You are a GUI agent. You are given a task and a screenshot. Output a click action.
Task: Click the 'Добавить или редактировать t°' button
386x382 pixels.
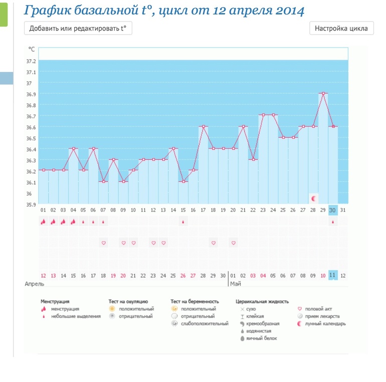tap(78, 29)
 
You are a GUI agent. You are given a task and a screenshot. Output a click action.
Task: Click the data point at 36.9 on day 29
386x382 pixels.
tap(323, 93)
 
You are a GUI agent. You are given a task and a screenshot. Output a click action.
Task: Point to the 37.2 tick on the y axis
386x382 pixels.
tap(31, 61)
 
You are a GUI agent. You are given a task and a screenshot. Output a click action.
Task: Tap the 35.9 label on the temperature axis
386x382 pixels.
tap(31, 204)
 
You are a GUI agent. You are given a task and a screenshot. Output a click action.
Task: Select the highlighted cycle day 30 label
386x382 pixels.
tap(333, 210)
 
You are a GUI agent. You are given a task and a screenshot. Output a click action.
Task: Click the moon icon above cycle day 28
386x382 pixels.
tap(314, 199)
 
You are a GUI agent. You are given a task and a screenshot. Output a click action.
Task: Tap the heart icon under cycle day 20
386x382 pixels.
tap(234, 243)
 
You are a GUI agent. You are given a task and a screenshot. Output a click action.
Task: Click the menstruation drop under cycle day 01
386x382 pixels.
tap(43, 221)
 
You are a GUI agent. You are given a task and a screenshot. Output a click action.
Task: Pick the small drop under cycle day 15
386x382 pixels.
tap(183, 221)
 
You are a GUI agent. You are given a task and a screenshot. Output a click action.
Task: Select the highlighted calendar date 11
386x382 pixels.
tap(333, 275)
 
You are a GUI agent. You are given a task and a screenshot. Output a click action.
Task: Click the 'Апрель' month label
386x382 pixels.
tap(35, 284)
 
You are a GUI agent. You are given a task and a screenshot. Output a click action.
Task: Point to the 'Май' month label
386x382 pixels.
tap(235, 284)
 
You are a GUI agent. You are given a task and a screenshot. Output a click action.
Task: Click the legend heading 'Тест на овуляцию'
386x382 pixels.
tap(128, 301)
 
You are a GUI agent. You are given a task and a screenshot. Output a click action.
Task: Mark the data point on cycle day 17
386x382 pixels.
tap(203, 127)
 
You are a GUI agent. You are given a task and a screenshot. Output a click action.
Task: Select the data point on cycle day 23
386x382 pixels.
tap(263, 115)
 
